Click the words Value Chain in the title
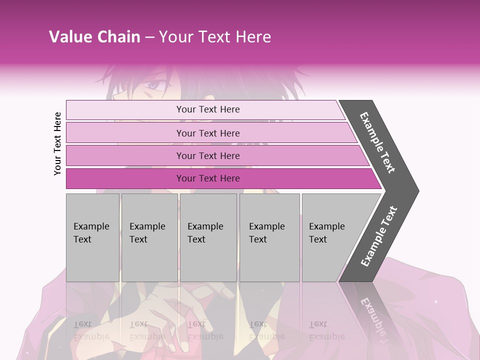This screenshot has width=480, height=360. [x=94, y=37]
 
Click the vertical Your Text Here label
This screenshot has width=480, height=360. [x=57, y=143]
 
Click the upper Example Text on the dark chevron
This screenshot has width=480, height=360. [x=378, y=142]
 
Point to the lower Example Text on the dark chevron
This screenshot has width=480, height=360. [x=378, y=236]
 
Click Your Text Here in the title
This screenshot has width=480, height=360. [x=215, y=37]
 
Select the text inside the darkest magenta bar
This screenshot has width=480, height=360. [x=208, y=178]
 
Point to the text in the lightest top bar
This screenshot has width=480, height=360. [x=208, y=109]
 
